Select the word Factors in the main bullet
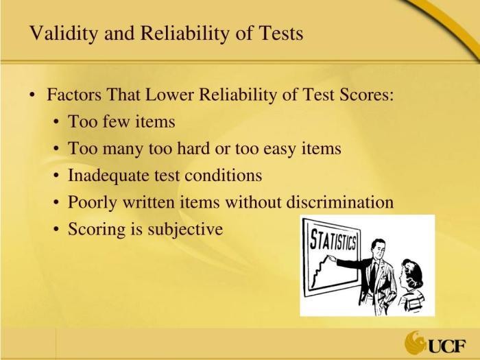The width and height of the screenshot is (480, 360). (74, 95)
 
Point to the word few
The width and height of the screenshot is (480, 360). (116, 121)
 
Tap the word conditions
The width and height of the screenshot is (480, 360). (223, 175)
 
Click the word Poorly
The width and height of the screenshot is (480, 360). (92, 202)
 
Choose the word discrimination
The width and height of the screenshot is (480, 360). (340, 202)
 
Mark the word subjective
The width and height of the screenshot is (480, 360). (185, 229)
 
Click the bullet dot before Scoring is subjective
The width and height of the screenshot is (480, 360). (56, 229)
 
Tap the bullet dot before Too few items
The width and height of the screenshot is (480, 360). (56, 121)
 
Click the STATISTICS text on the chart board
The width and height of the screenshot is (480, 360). (333, 239)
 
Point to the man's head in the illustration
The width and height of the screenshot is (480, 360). (377, 248)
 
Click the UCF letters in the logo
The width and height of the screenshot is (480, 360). (447, 346)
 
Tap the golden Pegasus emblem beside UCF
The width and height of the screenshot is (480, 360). (415, 342)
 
